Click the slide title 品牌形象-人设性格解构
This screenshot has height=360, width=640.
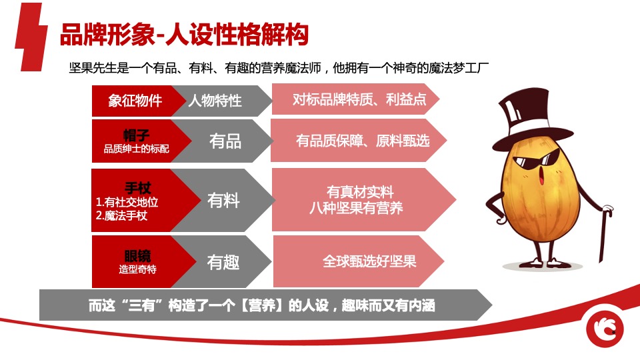[184, 35]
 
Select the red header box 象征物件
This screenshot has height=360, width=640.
[135, 101]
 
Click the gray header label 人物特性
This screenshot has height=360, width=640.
[215, 101]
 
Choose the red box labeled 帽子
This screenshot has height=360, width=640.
[136, 141]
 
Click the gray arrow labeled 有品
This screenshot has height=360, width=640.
[225, 141]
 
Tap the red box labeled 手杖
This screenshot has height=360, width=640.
[136, 200]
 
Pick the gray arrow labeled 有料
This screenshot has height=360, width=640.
[223, 200]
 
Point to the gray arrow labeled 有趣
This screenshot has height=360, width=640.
[223, 262]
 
